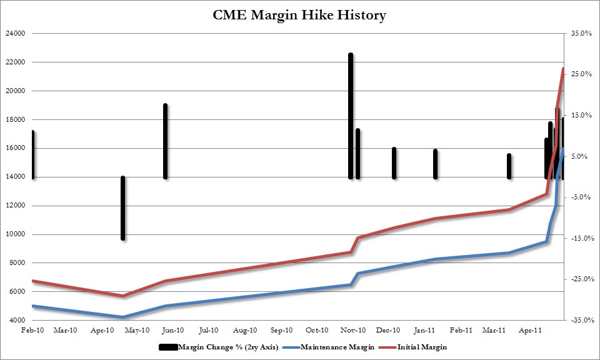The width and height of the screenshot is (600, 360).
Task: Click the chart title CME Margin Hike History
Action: [299, 15]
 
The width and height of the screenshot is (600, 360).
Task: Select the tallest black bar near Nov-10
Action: [351, 116]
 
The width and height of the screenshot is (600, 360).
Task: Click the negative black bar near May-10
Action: [123, 208]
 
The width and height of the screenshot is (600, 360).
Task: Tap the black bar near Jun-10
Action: [165, 141]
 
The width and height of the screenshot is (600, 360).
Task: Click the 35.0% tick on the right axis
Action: [581, 33]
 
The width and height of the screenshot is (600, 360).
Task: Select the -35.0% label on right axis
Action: [580, 320]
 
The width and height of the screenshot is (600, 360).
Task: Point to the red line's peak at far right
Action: [563, 69]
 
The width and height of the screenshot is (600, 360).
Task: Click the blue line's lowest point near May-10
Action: [123, 317]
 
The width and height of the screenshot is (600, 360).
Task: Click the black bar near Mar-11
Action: [509, 166]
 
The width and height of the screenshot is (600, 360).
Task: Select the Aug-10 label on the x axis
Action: [245, 329]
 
